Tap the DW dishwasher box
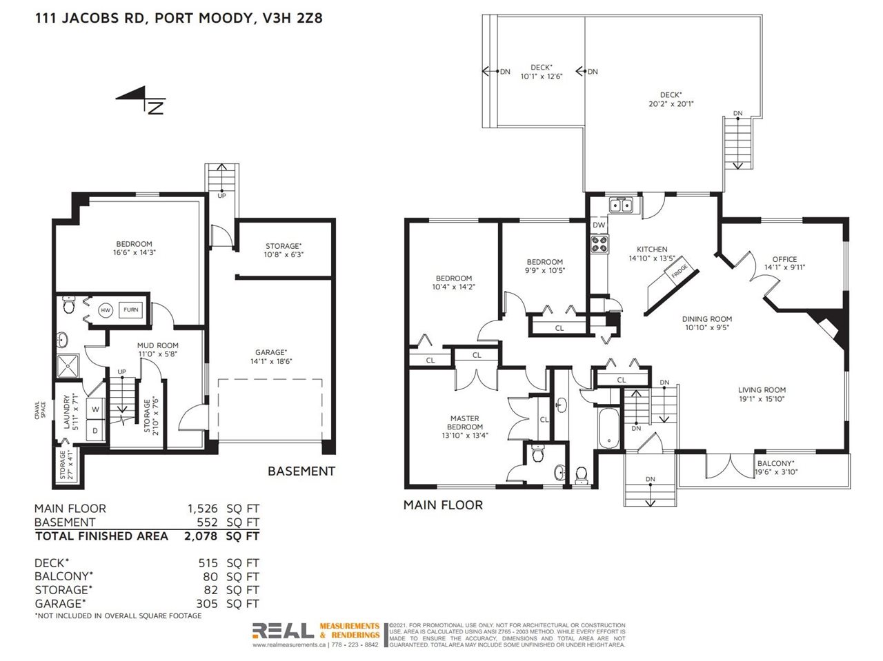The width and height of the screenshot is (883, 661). pos(599,225)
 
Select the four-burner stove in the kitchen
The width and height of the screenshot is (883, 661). pos(599,244)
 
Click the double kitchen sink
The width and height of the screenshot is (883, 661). pos(620,205)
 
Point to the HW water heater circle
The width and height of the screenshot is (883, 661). pos(106,309)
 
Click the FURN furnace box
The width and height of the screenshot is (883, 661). pos(131,309)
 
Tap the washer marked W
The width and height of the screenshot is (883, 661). pos(96,409)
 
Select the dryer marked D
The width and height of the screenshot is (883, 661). pos(96,431)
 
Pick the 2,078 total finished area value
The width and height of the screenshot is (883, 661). pos(201,536)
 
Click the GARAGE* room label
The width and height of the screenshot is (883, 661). pos(271,352)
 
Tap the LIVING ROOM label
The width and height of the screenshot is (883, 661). pos(762,389)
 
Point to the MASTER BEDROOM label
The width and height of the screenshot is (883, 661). pos(465,423)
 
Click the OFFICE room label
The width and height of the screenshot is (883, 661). pos(784,259)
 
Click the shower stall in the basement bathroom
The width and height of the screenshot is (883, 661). pos(68,367)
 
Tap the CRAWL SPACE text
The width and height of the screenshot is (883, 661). pos(40,410)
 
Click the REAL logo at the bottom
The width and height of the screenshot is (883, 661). pos(283,631)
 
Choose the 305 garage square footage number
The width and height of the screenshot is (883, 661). pos(207,604)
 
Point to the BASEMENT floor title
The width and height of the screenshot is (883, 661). pos(301,471)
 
